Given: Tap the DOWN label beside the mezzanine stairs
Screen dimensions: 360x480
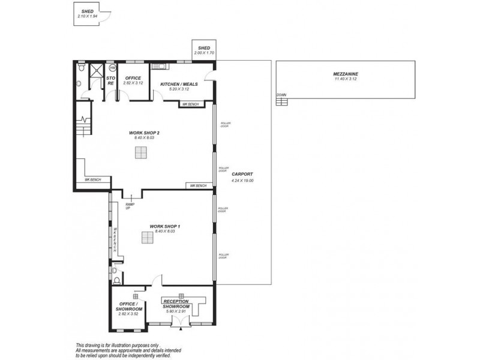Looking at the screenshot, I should tap(281, 95).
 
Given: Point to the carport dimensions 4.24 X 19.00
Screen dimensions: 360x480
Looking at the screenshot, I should tap(242, 180).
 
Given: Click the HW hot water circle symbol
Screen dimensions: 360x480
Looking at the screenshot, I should tap(111, 68).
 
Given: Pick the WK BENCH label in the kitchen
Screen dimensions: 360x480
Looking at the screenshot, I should tap(190, 104).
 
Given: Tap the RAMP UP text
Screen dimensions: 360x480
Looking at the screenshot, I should tap(128, 206).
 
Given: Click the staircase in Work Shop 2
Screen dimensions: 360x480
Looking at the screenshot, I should tap(83, 127).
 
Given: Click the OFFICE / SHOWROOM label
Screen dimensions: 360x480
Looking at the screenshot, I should tap(128, 306).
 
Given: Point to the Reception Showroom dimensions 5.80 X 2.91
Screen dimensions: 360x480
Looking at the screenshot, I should tap(176, 310).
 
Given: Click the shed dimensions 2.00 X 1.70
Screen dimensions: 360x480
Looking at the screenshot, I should tap(204, 53).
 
